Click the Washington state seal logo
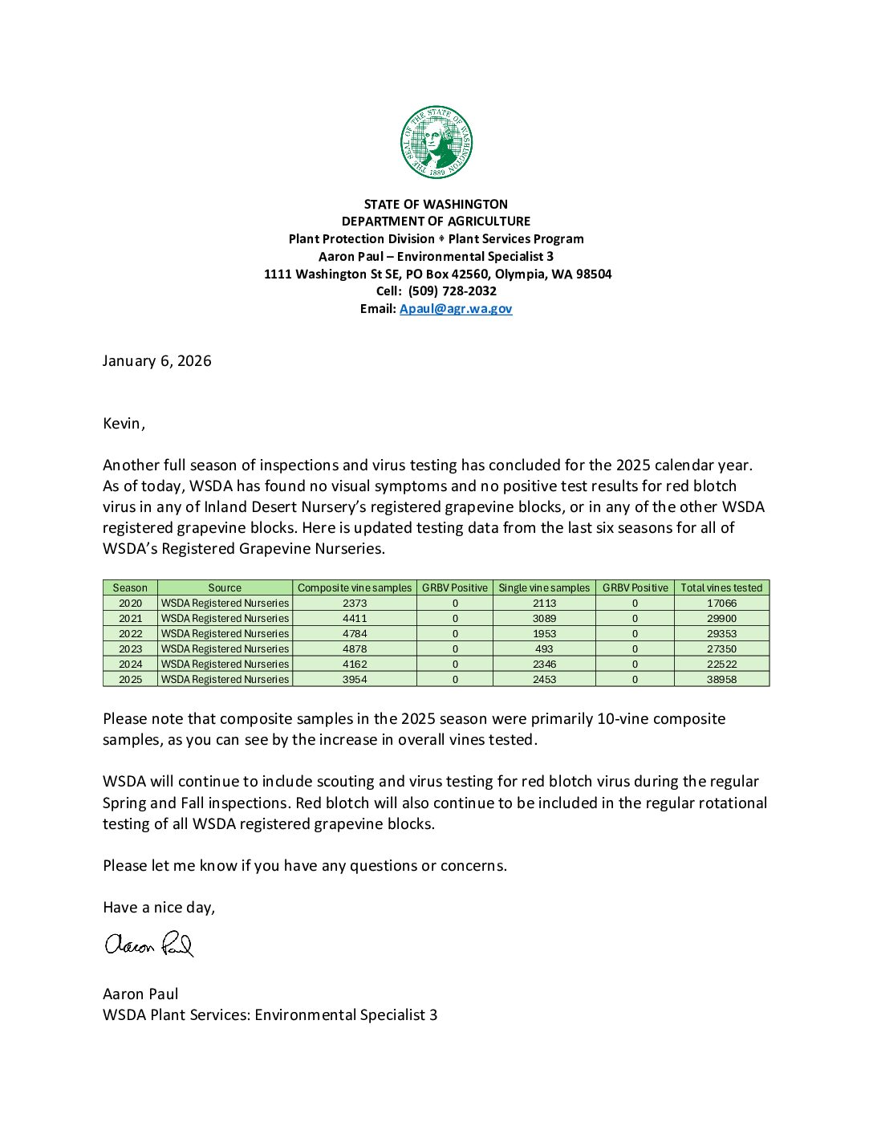(436, 143)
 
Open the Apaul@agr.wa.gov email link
(456, 309)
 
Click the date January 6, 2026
(157, 361)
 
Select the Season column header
(130, 587)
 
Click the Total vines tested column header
(721, 587)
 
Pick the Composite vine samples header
(355, 587)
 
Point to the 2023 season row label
(130, 648)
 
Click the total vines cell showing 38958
(721, 679)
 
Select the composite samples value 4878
(355, 648)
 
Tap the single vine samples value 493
(544, 648)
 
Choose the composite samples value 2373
(355, 603)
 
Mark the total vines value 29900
(721, 618)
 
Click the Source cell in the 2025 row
(225, 679)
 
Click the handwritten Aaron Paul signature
(149, 945)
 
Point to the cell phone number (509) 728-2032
(453, 291)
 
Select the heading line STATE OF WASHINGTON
(436, 205)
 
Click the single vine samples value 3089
(544, 618)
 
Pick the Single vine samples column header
(544, 587)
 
